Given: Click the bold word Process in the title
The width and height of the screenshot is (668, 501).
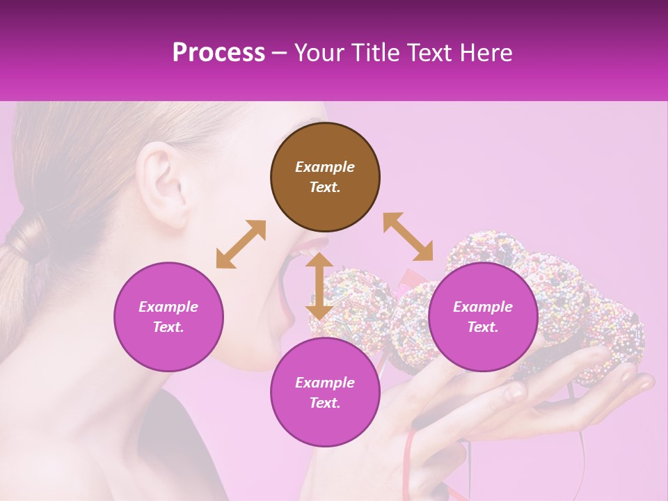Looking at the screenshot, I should (218, 53).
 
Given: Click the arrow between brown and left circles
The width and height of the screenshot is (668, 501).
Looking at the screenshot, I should (241, 245).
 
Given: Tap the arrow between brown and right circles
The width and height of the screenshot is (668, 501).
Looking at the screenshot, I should (408, 237).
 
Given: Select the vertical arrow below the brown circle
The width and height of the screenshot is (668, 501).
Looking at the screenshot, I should (319, 287).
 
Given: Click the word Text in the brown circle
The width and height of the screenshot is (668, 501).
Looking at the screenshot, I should (324, 187).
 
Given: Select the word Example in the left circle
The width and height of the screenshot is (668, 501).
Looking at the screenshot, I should (168, 307).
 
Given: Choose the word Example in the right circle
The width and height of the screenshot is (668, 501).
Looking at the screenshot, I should (483, 307).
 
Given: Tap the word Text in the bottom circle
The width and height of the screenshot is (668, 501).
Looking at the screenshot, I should (324, 403).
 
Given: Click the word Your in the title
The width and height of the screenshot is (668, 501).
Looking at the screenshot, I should (319, 53).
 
